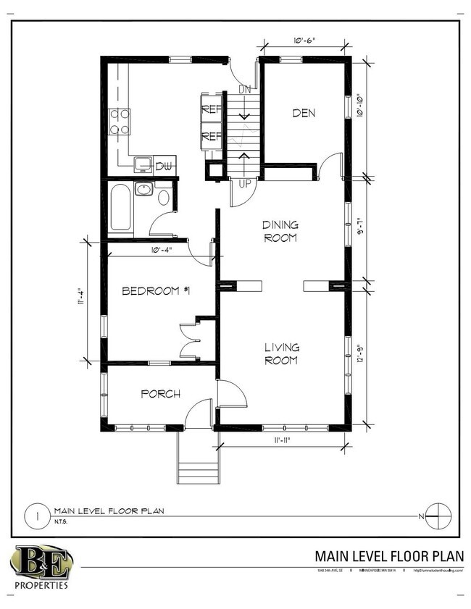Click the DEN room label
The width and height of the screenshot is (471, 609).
click(304, 112)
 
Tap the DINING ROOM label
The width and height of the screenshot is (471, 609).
click(280, 232)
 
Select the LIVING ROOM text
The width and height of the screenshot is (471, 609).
click(281, 354)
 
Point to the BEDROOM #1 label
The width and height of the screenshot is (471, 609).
click(156, 291)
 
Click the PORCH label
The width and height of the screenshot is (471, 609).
click(160, 394)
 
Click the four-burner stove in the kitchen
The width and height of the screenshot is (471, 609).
click(120, 122)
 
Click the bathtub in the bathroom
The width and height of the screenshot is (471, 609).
click(121, 208)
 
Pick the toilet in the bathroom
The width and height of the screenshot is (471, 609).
click(163, 197)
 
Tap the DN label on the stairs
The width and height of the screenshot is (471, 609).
click(245, 90)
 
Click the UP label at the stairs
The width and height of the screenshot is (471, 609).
click(245, 184)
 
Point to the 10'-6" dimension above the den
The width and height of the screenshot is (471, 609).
click(304, 41)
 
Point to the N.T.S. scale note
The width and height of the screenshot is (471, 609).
click(60, 521)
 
